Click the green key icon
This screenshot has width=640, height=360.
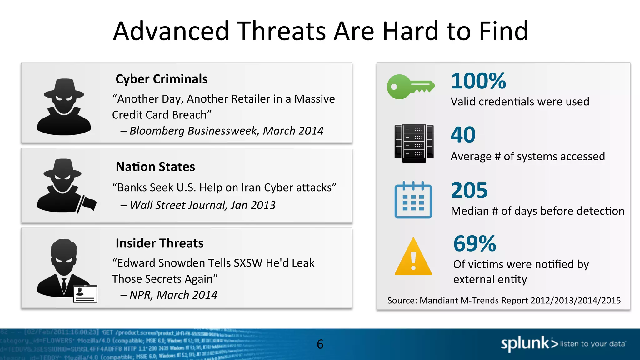(x=410, y=87)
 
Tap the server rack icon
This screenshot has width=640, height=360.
(x=414, y=143)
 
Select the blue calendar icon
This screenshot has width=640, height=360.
(x=413, y=200)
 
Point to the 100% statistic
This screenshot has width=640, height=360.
(x=478, y=81)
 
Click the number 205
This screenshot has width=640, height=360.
(x=469, y=190)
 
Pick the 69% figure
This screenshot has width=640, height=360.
(x=474, y=244)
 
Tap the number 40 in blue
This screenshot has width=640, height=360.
(x=463, y=135)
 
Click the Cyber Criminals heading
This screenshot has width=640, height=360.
(x=162, y=79)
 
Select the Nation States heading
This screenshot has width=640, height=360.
(x=155, y=167)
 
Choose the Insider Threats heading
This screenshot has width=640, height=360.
(x=159, y=243)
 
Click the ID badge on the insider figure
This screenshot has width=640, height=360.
(x=85, y=294)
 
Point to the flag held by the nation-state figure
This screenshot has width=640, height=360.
(x=89, y=203)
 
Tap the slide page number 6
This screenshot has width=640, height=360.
(x=320, y=344)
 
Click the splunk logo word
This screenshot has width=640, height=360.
(x=525, y=344)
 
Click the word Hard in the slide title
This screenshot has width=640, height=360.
(x=411, y=31)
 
